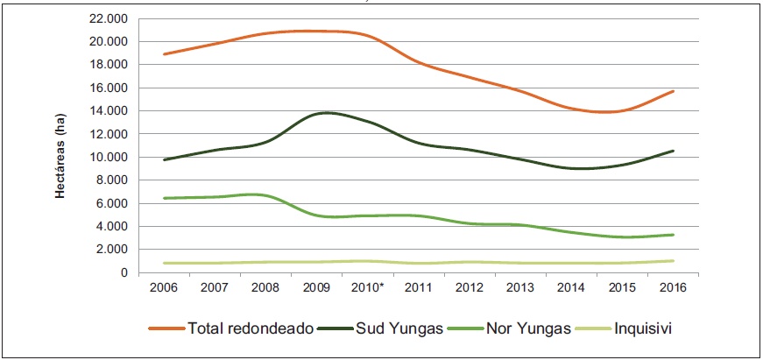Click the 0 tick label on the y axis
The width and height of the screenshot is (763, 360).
[x=124, y=272]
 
